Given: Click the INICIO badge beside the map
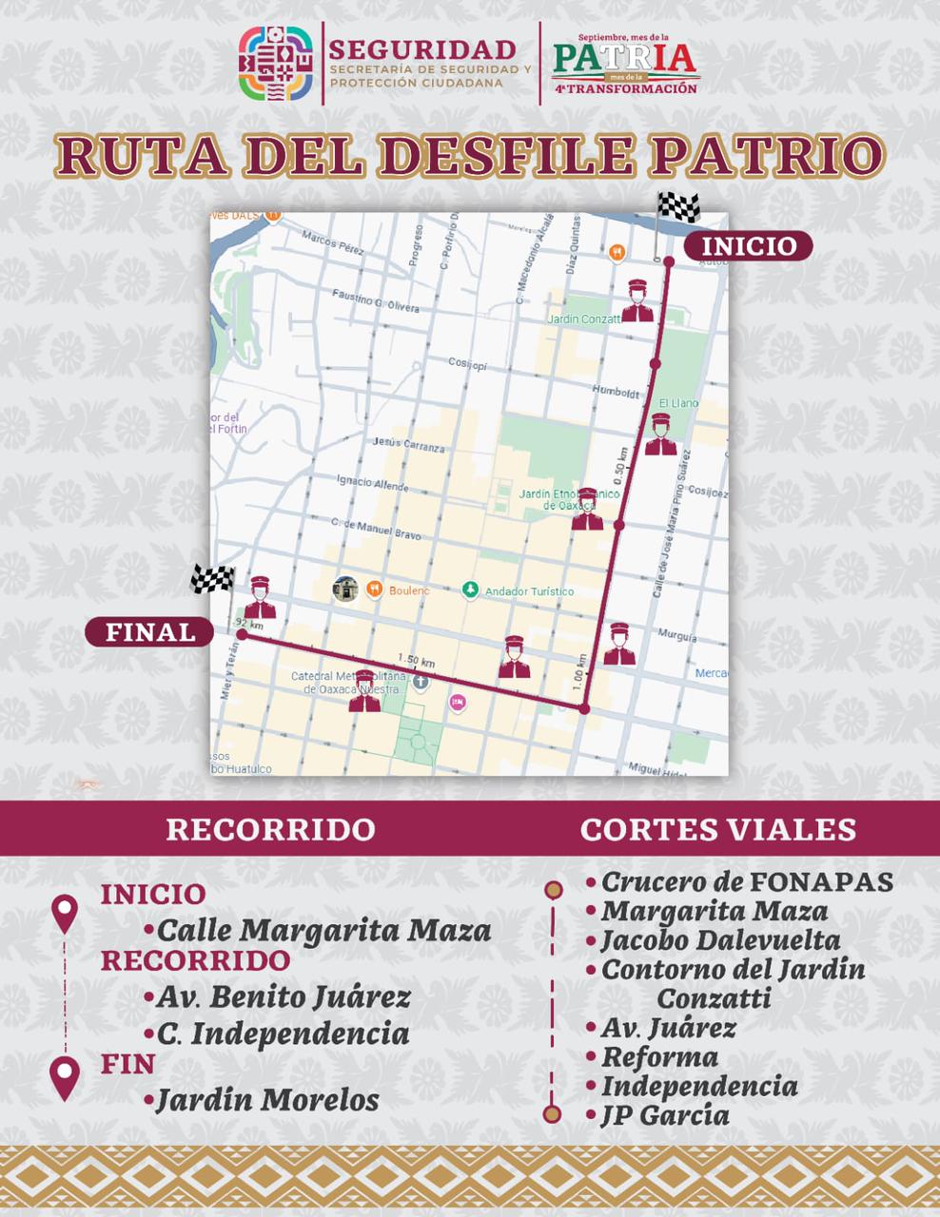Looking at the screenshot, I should click(749, 246).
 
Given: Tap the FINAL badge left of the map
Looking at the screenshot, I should click(150, 632).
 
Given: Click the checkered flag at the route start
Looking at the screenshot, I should click(678, 207).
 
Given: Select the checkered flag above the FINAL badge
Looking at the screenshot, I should click(212, 578).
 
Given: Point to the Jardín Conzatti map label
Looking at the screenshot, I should click(584, 319).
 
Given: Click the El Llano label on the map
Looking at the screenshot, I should click(678, 403).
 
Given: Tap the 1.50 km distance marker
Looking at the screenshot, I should click(416, 660).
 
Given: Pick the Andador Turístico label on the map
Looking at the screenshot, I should click(529, 591).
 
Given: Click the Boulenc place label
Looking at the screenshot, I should click(409, 590).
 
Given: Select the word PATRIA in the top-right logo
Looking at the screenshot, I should click(624, 57).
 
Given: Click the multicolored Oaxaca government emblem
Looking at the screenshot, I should click(275, 63).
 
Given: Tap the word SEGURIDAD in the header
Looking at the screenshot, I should click(422, 49).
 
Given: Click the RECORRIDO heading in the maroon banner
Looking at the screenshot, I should click(271, 829).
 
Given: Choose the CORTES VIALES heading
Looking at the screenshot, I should click(718, 829).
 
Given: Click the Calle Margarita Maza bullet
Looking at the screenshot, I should click(323, 930).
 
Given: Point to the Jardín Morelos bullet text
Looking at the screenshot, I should click(267, 1100).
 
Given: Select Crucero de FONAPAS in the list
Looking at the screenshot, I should click(747, 882).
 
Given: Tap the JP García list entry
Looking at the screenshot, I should click(665, 1115).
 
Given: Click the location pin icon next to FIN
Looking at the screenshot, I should click(64, 1077).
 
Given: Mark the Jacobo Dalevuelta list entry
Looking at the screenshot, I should click(720, 941).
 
